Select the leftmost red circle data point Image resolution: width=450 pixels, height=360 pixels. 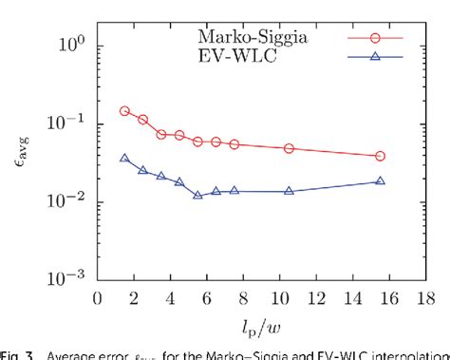click(124, 111)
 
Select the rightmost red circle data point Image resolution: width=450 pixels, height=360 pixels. click(381, 156)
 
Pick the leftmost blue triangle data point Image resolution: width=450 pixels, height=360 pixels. click(124, 159)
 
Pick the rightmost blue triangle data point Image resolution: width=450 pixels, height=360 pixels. click(381, 180)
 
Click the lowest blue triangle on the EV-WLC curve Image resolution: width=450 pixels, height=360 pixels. click(197, 195)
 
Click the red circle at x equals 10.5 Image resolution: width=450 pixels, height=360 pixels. click(289, 148)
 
